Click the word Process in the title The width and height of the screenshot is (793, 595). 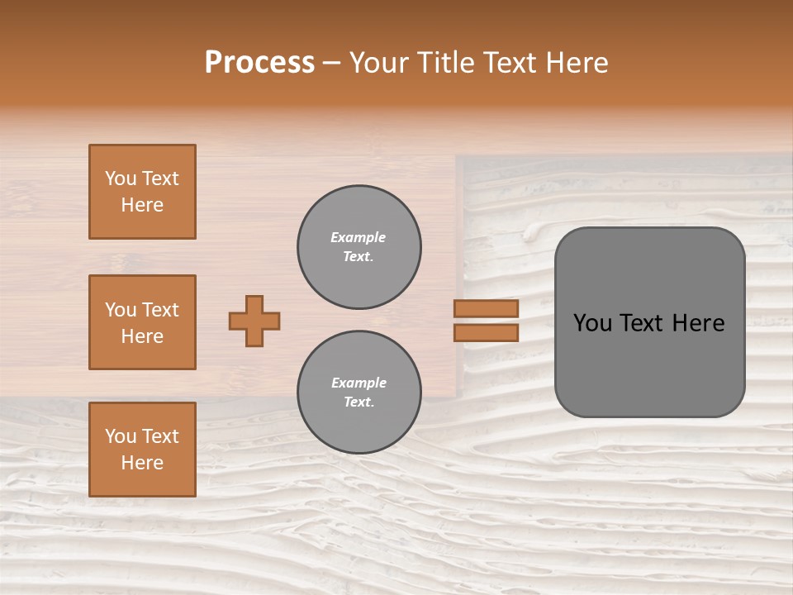259,63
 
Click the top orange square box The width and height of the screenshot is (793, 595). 142,192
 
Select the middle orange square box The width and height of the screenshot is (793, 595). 142,322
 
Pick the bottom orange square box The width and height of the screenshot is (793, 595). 142,450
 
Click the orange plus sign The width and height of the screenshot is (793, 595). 254,321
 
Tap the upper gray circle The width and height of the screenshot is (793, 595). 359,247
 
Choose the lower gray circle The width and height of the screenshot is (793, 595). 359,393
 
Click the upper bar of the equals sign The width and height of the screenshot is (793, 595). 486,309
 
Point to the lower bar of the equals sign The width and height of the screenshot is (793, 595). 486,332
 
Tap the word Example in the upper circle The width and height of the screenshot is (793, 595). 359,237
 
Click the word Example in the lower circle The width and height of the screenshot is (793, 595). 359,383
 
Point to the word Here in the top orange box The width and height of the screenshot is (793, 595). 142,205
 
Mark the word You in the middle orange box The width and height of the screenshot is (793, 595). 120,310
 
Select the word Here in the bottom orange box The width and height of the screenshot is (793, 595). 142,463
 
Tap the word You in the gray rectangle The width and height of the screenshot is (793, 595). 592,323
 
